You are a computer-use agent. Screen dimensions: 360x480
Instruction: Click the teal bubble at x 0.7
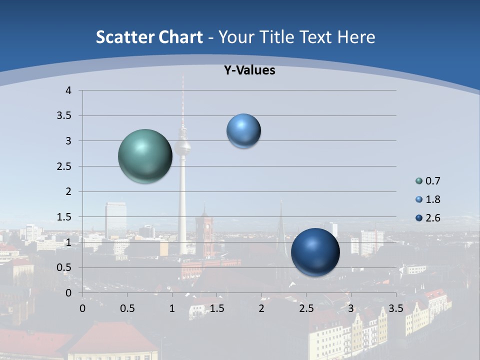tap(145, 156)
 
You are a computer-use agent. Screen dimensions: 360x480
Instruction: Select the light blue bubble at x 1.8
tap(243, 131)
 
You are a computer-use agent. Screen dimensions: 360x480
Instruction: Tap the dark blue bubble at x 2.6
tap(315, 252)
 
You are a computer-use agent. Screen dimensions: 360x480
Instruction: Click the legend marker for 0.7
tap(419, 181)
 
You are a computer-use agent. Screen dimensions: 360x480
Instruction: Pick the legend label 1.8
tap(433, 199)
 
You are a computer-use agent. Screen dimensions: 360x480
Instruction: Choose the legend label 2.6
tap(433, 218)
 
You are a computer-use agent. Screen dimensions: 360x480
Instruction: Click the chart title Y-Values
tap(249, 70)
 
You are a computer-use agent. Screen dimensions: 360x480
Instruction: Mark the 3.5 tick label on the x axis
tap(396, 308)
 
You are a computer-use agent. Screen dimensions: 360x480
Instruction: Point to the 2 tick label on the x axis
tap(261, 308)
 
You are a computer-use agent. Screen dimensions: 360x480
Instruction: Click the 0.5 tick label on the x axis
tap(127, 308)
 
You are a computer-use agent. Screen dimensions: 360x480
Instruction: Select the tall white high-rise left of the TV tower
tap(115, 220)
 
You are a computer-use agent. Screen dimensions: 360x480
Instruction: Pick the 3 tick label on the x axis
tap(351, 308)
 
